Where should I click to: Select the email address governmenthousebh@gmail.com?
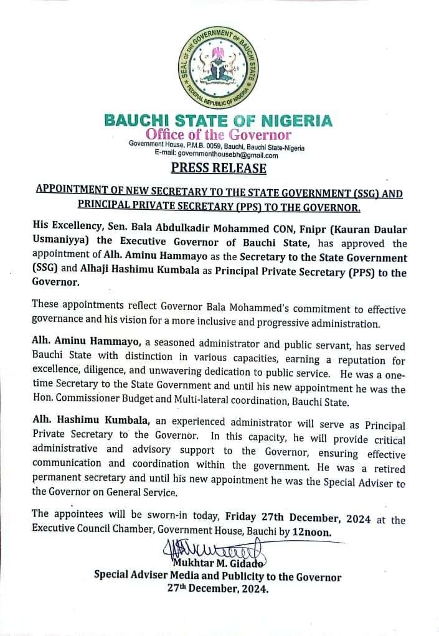(228, 155)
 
